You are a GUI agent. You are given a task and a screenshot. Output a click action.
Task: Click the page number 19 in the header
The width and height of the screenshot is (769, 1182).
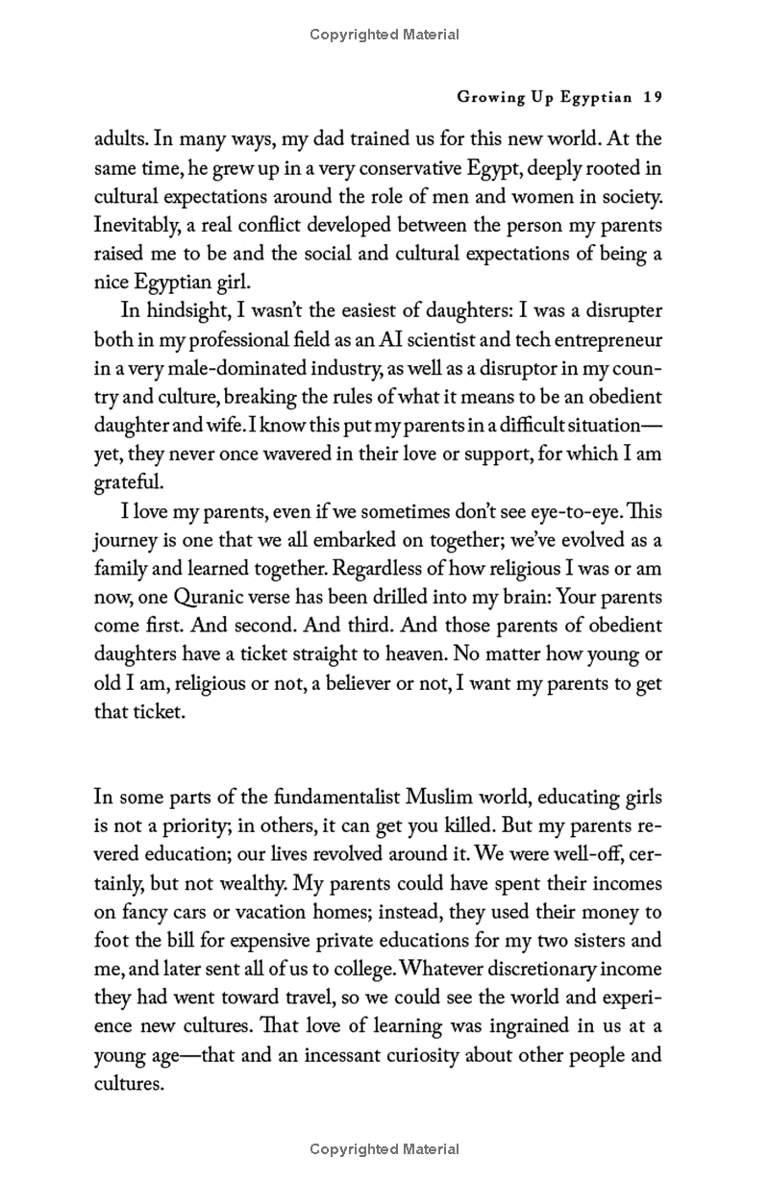[654, 97]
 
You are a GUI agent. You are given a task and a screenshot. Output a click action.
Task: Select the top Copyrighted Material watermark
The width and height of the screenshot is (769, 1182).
[384, 35]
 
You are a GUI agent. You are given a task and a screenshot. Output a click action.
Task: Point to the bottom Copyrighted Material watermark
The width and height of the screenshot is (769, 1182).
[384, 1148]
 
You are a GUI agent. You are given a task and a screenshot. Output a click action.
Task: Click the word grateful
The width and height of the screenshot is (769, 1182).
[129, 482]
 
